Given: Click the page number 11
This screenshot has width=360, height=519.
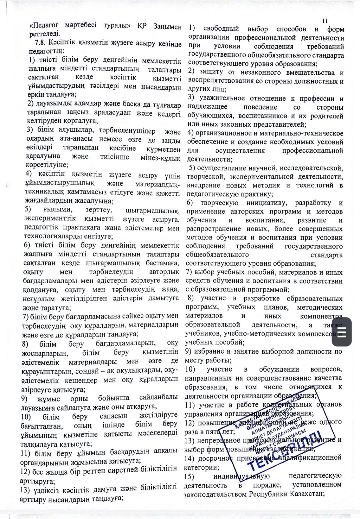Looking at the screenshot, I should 325,21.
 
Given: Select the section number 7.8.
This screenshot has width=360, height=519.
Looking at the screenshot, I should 41,43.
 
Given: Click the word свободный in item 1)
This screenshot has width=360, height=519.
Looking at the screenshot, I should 222,29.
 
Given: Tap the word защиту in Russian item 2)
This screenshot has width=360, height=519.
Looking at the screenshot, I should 211,72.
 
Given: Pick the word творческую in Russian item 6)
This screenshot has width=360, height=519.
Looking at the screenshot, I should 219,203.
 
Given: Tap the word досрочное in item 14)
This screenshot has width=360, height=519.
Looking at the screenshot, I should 214,459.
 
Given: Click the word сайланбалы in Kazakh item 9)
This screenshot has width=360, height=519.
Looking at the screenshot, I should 158,397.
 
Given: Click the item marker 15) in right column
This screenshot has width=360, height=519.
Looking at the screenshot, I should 189,476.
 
